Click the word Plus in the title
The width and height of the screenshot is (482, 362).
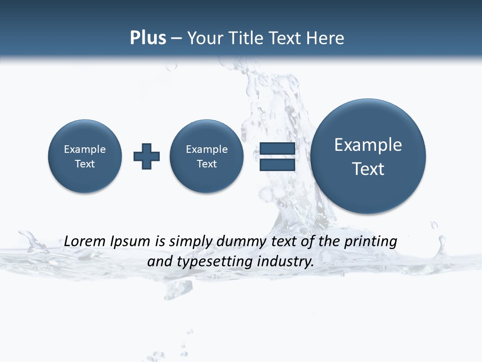[x=148, y=38]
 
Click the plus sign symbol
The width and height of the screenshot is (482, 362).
[x=147, y=156]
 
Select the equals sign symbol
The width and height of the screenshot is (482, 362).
[x=277, y=157]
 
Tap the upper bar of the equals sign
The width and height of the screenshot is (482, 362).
[x=277, y=149]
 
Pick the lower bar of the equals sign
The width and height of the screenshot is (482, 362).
[x=277, y=165]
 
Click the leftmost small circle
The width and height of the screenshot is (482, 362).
[x=85, y=156]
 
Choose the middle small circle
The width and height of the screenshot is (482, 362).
[x=207, y=156]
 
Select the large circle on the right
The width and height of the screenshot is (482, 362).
[x=368, y=156]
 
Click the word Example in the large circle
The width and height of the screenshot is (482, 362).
[x=368, y=145]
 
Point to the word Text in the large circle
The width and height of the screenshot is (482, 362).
[x=368, y=169]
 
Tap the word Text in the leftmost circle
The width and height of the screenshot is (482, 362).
[x=85, y=164]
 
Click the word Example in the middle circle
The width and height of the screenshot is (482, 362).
[x=207, y=149]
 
